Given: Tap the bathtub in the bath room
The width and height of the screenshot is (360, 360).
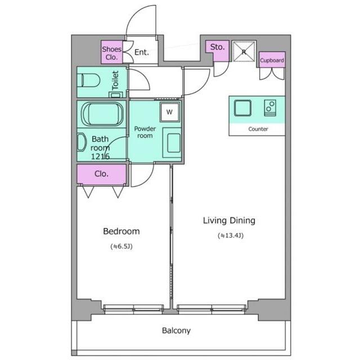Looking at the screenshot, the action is pyautogui.click(x=102, y=114).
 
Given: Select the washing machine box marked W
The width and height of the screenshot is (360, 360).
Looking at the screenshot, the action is pyautogui.click(x=170, y=112).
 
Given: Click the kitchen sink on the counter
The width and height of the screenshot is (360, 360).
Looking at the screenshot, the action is pyautogui.click(x=242, y=108).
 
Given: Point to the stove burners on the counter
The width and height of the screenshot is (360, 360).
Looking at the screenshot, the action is pyautogui.click(x=270, y=108).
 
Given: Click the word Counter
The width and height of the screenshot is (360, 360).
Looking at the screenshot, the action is pyautogui.click(x=258, y=129).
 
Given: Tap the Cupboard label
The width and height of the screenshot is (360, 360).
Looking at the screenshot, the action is pyautogui.click(x=272, y=60).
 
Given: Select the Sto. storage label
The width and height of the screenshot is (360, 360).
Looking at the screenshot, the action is pyautogui.click(x=217, y=47).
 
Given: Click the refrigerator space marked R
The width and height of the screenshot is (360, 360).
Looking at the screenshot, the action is pyautogui.click(x=244, y=52).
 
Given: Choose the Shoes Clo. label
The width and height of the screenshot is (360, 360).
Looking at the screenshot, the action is pyautogui.click(x=111, y=53).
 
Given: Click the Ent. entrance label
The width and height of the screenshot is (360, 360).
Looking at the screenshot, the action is pyautogui.click(x=141, y=52).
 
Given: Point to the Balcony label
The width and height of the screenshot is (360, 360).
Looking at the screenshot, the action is pyautogui.click(x=176, y=331).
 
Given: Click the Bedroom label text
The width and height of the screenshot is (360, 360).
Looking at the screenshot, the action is pyautogui.click(x=121, y=231).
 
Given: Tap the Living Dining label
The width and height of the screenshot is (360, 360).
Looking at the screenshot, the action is pyautogui.click(x=229, y=220).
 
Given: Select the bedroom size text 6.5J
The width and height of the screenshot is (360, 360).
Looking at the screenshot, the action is pyautogui.click(x=121, y=246).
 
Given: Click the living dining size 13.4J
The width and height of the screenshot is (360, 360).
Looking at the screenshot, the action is pyautogui.click(x=231, y=235).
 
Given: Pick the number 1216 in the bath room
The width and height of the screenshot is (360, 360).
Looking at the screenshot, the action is pyautogui.click(x=100, y=156).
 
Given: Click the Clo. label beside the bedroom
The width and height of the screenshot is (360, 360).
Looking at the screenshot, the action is pyautogui.click(x=101, y=174).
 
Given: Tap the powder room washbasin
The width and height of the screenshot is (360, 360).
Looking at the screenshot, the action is pyautogui.click(x=172, y=143).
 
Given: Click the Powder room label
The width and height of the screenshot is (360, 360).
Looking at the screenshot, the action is pyautogui.click(x=145, y=132).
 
